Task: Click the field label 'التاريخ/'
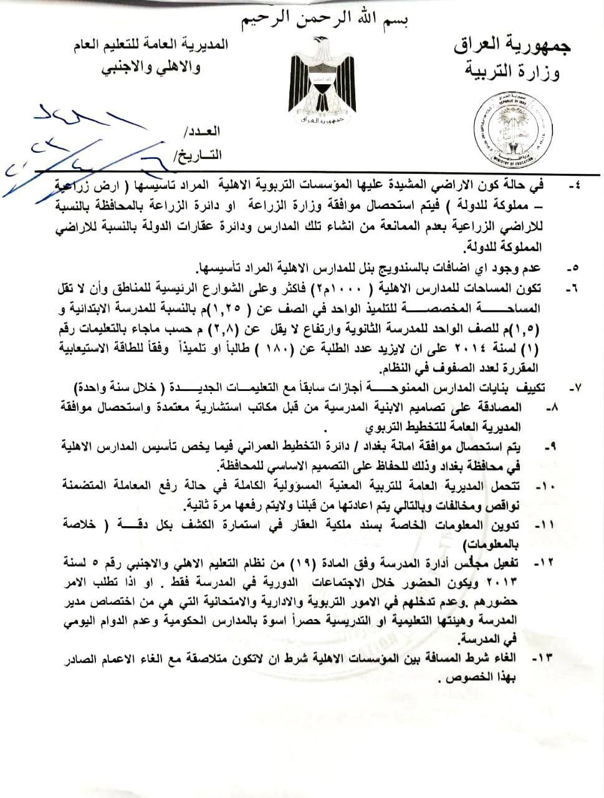(x=196, y=155)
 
